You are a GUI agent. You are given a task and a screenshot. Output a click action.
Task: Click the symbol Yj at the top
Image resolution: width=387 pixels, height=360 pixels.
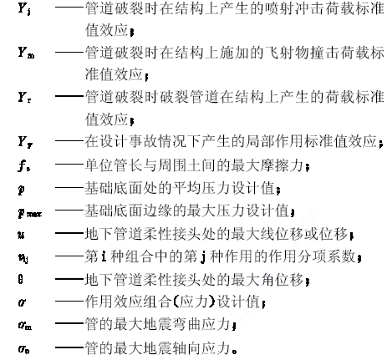24,8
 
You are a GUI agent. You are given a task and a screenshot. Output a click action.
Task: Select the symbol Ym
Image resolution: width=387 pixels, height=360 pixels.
26,53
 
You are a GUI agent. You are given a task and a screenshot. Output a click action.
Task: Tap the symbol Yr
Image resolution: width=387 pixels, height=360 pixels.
24,97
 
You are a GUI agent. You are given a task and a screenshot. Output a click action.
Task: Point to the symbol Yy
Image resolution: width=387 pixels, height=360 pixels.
25,142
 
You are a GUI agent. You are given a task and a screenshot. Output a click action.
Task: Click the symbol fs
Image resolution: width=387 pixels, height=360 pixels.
24,166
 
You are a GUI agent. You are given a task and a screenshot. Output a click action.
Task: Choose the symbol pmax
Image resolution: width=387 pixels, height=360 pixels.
30,212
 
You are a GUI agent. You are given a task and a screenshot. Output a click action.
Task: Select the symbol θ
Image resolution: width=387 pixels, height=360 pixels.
20,279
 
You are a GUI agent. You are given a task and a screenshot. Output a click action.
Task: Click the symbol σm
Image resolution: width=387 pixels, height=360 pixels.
25,325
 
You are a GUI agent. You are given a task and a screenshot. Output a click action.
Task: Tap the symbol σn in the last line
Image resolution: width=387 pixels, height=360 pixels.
23,349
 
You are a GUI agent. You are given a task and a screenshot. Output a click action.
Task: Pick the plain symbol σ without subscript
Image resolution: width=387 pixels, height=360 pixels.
22,302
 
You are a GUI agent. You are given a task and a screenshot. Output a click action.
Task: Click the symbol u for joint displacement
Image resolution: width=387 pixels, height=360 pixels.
21,235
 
